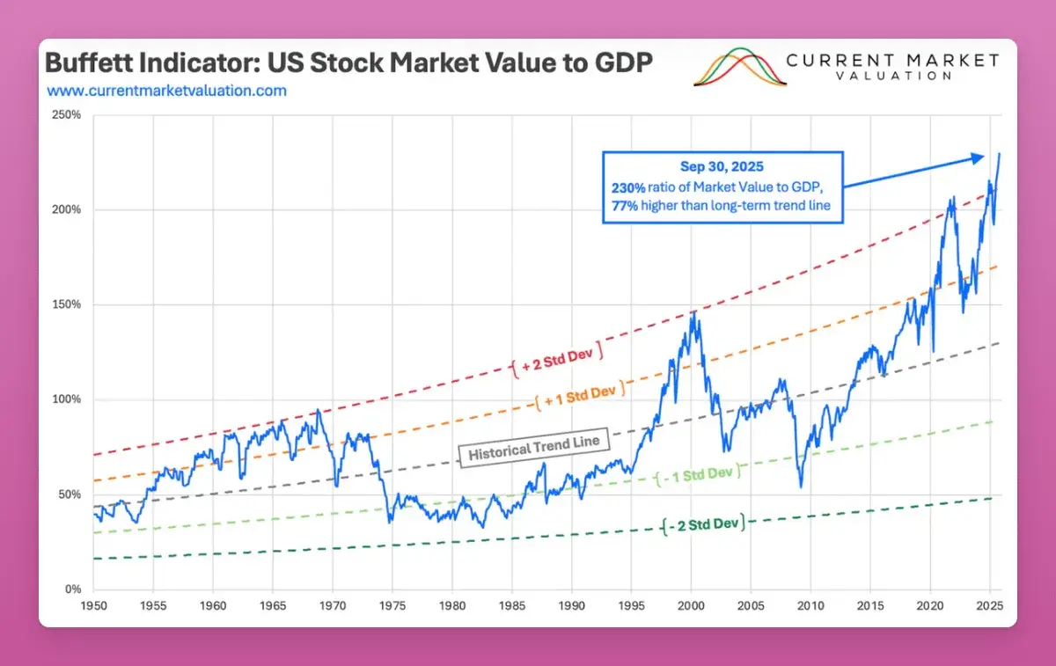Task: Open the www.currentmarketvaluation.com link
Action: pos(166,90)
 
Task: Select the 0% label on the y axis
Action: pos(73,589)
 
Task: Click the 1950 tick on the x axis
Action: pos(93,606)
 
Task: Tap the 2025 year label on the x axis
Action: pos(990,606)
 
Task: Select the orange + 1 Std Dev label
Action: pos(580,393)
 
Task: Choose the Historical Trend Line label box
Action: pos(533,448)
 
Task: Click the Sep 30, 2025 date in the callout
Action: pos(722,166)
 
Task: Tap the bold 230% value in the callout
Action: pos(627,187)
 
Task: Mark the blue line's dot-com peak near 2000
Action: pos(693,311)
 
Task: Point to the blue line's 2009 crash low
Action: pos(801,487)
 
